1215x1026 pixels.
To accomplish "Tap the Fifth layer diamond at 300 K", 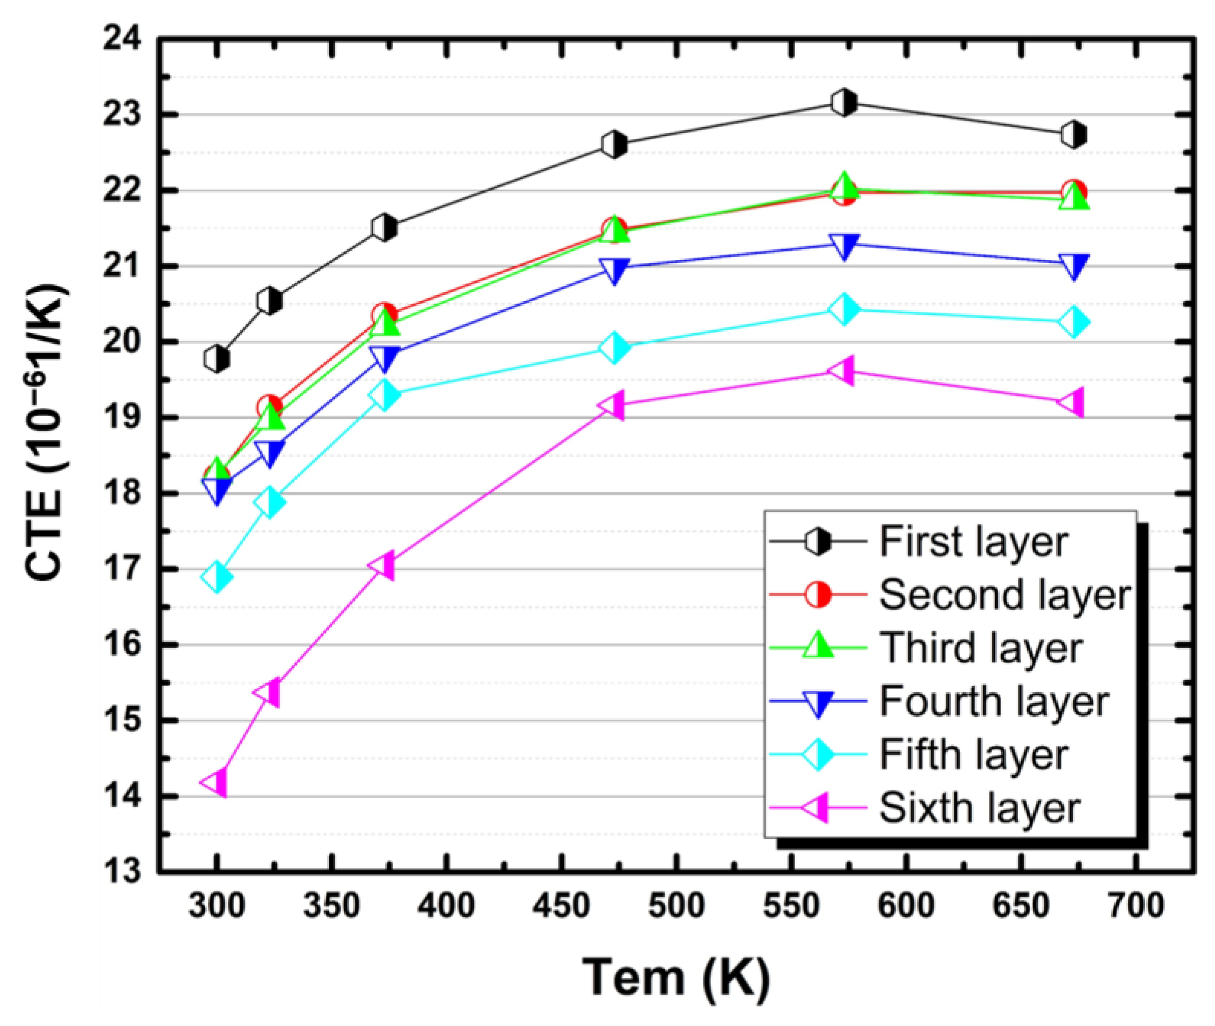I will (216, 577).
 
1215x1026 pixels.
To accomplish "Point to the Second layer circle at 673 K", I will (1073, 192).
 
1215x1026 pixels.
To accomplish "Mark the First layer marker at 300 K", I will (216, 359).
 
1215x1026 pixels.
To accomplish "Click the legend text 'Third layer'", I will (980, 648).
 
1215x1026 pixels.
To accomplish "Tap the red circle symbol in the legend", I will (818, 595).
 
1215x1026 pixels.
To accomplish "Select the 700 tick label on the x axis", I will (1135, 905).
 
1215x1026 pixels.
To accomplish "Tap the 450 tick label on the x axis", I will (562, 905).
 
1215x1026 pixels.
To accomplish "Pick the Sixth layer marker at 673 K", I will (1073, 402).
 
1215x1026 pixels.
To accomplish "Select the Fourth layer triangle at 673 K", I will (1073, 265).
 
